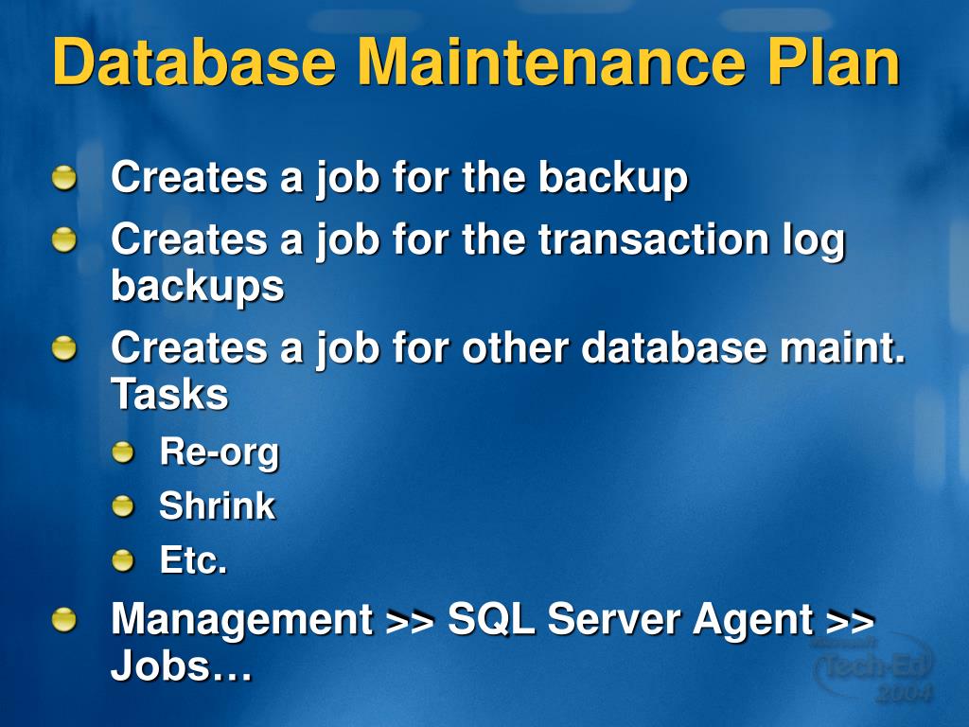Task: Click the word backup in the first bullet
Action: pyautogui.click(x=613, y=178)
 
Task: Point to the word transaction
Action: pyautogui.click(x=653, y=239)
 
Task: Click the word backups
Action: pyautogui.click(x=197, y=286)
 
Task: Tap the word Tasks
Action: pyautogui.click(x=169, y=395)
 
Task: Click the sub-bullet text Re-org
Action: pyautogui.click(x=220, y=452)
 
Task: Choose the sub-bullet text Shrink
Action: pyautogui.click(x=217, y=506)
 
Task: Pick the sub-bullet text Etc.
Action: pyautogui.click(x=193, y=560)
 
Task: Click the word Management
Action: pyautogui.click(x=241, y=620)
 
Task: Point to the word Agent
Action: pyautogui.click(x=752, y=620)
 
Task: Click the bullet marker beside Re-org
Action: pyautogui.click(x=123, y=453)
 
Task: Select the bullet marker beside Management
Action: pyautogui.click(x=64, y=620)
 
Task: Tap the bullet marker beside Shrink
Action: pyautogui.click(x=123, y=507)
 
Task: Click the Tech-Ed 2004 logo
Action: pyautogui.click(x=873, y=668)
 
